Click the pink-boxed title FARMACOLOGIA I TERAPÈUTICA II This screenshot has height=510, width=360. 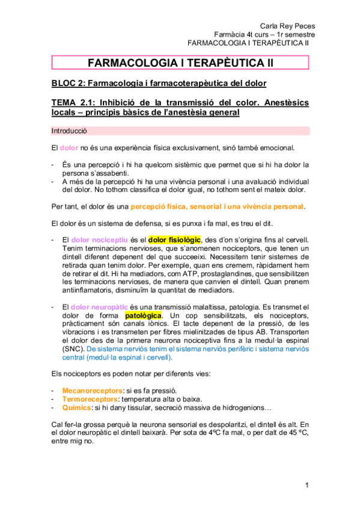click(x=180, y=62)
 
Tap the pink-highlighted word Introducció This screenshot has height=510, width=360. click(x=70, y=130)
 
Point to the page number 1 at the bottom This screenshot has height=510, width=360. click(x=306, y=485)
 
